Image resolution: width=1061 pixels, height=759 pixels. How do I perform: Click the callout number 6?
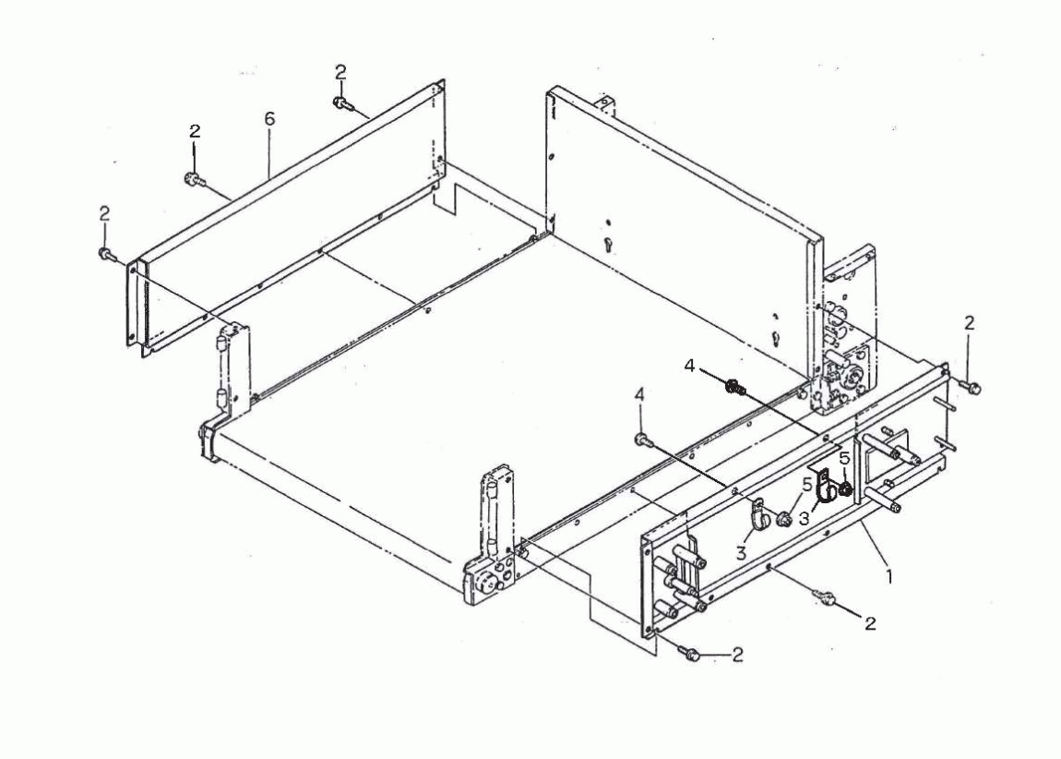[x=270, y=119]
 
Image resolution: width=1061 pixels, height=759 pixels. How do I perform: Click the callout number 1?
[x=889, y=577]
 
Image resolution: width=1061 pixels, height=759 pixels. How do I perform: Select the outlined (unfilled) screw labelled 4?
[x=643, y=440]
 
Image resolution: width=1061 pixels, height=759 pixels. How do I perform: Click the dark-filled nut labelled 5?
[x=845, y=488]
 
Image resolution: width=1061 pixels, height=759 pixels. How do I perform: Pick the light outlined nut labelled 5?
[x=785, y=519]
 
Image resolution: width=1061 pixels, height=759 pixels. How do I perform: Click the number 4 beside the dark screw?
[x=689, y=367]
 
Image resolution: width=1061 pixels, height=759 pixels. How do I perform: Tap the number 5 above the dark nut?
[x=844, y=458]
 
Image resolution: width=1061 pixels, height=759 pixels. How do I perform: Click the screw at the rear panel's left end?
[x=106, y=254]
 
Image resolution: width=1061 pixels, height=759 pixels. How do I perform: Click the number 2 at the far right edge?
[x=970, y=324]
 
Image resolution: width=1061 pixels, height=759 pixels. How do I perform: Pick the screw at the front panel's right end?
[x=973, y=387]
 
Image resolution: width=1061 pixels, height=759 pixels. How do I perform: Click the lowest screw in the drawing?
[x=689, y=654]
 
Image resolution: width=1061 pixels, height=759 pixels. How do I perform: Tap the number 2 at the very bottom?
[x=737, y=655]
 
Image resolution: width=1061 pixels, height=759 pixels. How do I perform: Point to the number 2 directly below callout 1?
[x=870, y=623]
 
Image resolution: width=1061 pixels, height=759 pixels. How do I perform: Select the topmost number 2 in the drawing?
[x=340, y=72]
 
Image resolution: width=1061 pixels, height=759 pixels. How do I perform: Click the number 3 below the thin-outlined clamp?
[x=741, y=552]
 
